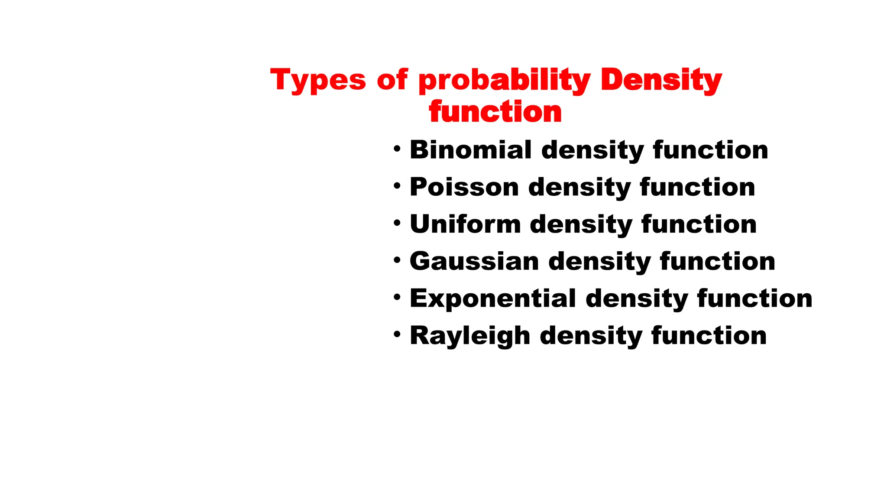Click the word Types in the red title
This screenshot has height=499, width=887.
click(x=318, y=80)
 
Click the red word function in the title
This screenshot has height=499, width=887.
click(x=495, y=112)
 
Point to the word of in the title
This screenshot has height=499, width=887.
click(x=392, y=80)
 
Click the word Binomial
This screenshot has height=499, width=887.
click(x=471, y=150)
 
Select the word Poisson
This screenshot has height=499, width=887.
click(x=464, y=187)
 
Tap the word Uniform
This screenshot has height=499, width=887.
click(x=465, y=224)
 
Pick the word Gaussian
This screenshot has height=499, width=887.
click(x=474, y=262)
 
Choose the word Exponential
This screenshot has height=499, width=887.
click(x=493, y=299)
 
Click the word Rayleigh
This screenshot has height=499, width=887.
click(x=470, y=336)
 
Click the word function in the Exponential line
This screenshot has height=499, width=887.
click(x=754, y=299)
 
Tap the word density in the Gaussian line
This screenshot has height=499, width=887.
click(x=599, y=262)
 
